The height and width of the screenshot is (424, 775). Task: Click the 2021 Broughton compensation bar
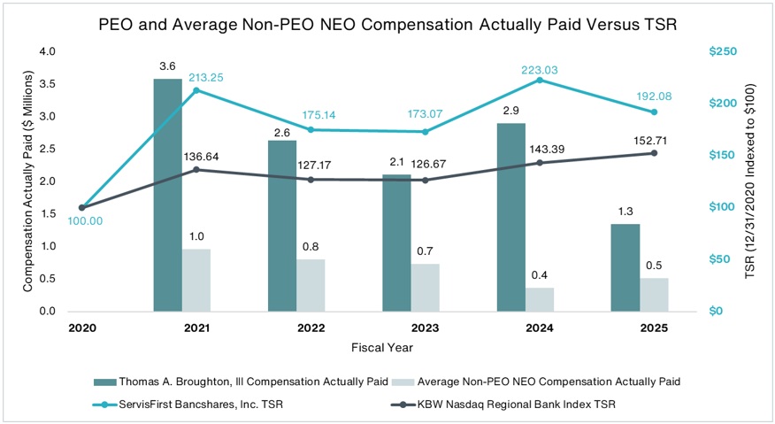pos(167,195)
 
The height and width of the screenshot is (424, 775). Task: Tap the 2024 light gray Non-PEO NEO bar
pos(540,299)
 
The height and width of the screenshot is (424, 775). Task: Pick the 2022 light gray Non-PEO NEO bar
pos(311,285)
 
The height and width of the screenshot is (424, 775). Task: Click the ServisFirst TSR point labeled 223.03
pos(540,80)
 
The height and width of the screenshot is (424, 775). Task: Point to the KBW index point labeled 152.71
pos(654,153)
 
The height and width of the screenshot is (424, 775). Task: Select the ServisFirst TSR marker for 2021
pos(196,90)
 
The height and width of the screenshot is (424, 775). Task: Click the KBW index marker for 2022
pos(311,180)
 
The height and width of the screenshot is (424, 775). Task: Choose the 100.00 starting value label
pos(85,221)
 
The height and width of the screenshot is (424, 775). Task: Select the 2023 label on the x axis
pos(425,328)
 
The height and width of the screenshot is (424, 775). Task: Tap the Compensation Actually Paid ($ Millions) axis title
pos(27,181)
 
